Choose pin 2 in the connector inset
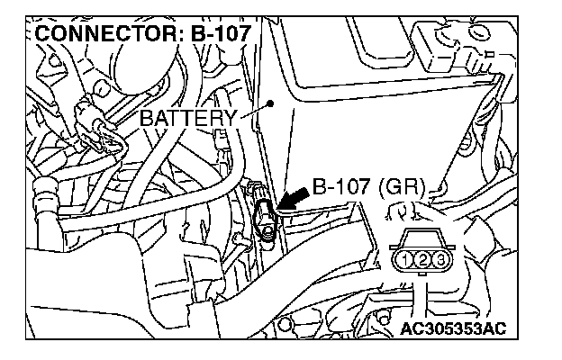click(424, 260)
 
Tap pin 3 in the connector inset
click(440, 260)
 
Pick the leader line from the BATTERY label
click(254, 110)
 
